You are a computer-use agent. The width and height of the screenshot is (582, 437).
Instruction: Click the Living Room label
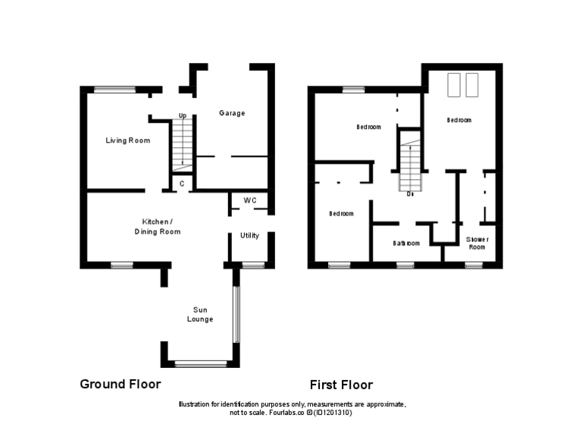point(127,140)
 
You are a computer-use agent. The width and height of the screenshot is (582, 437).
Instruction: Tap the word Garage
point(232,113)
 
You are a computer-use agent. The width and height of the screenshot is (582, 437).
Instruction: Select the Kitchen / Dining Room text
point(158,226)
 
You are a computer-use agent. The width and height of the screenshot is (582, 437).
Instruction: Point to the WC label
point(250,201)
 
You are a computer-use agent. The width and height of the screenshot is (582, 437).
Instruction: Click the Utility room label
point(249,235)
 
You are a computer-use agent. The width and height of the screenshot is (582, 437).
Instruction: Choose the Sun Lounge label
point(200,314)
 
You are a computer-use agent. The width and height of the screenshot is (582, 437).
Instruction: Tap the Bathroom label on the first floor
point(406,244)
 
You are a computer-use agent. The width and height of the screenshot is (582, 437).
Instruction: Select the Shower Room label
point(477,243)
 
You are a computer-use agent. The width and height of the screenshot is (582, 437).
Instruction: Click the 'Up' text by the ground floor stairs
point(182,116)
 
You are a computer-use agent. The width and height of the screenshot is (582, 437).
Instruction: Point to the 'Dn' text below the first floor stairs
point(409,194)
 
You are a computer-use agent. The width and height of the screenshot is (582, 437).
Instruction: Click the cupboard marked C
point(181,184)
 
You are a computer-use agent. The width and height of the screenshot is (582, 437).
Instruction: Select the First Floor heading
point(341,385)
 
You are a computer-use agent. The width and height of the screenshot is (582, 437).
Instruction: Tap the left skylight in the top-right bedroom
point(455,85)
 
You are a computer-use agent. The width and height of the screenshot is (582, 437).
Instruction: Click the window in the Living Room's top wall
point(114,90)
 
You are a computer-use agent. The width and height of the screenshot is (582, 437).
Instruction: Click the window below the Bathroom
point(405,266)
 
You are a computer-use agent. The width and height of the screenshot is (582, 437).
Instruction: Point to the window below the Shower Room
point(474,266)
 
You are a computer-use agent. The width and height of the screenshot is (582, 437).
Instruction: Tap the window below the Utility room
point(253,265)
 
